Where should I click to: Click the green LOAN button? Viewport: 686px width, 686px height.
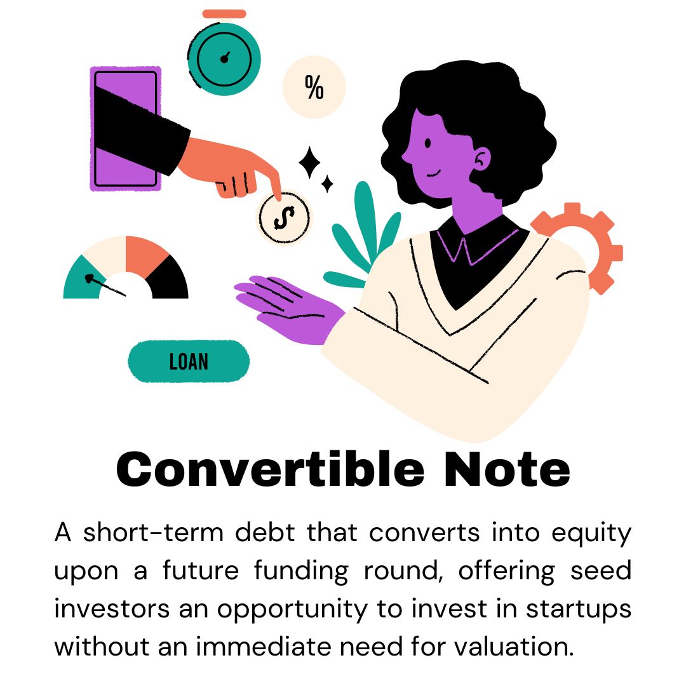189,361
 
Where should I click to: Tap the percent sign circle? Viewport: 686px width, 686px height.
314,88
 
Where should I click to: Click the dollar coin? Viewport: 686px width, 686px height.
284,218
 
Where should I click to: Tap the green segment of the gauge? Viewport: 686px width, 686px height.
80,279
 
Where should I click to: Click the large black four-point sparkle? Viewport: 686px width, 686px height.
310,163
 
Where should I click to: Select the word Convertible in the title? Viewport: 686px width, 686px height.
271,470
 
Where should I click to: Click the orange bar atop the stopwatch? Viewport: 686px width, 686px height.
224,13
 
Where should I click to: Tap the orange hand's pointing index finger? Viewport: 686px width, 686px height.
274,184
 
